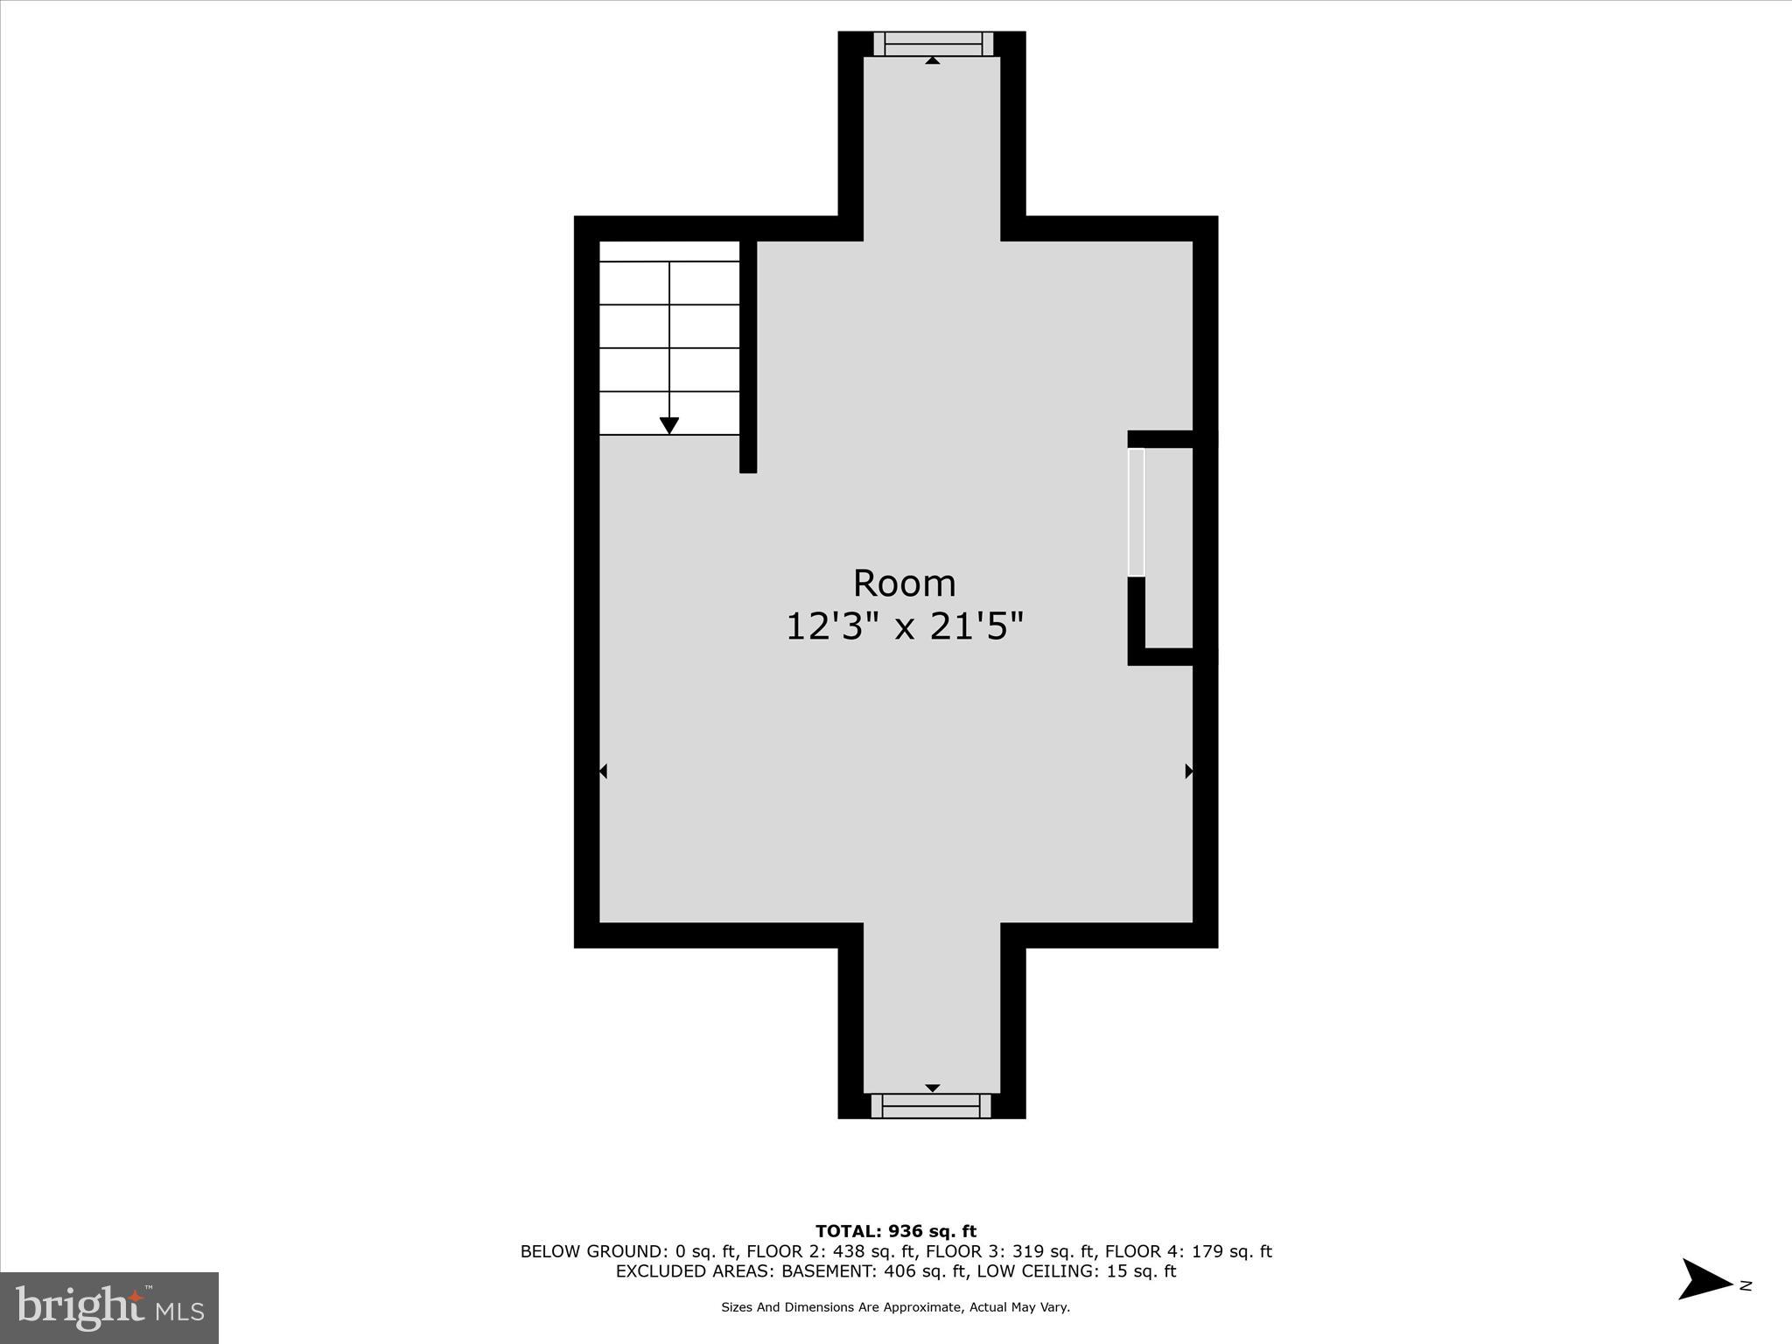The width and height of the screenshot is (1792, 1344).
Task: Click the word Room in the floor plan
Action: tap(904, 583)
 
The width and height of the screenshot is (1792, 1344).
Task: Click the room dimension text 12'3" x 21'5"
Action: tap(904, 626)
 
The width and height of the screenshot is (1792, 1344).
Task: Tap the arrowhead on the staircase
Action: tap(669, 426)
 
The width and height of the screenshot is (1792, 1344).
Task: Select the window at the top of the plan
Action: tap(933, 44)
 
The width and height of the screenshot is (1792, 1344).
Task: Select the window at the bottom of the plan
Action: tap(931, 1106)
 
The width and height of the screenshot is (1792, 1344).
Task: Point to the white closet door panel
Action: tap(1136, 512)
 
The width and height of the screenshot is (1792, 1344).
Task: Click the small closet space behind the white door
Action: tap(1169, 547)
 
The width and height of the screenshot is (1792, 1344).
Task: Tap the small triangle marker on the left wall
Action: tap(603, 771)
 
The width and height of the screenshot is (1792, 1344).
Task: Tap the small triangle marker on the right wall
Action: tap(1188, 771)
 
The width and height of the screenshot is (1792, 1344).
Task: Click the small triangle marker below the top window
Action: tap(933, 60)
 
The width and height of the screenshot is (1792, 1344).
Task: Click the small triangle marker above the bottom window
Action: tap(933, 1088)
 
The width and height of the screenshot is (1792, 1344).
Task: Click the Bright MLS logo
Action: tap(109, 1307)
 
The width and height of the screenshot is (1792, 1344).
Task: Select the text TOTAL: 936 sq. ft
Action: tap(896, 1232)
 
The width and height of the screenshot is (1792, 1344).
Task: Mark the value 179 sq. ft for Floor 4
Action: tap(1231, 1252)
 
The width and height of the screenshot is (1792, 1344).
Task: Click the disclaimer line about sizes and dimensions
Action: tap(895, 1307)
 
